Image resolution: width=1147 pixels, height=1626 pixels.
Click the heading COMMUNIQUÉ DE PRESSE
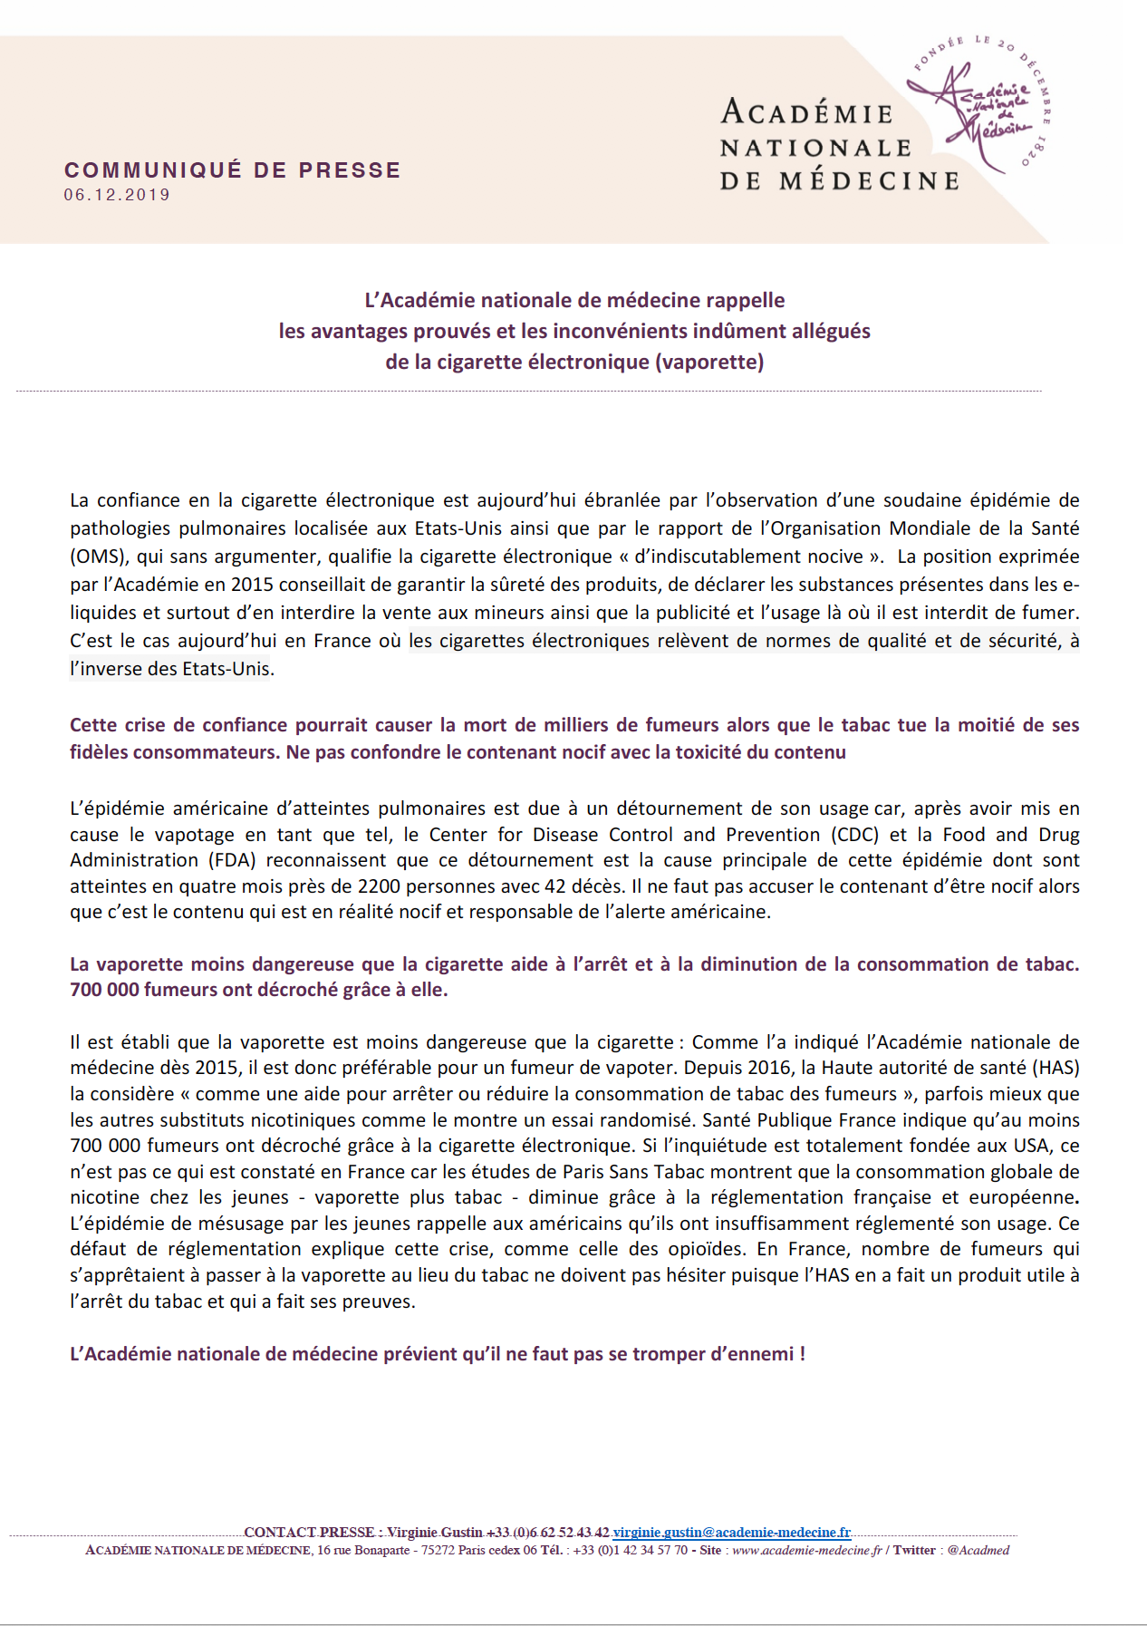coord(232,170)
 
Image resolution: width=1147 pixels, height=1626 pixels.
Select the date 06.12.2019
coord(117,195)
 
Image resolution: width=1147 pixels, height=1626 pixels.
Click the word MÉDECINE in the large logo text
coord(869,181)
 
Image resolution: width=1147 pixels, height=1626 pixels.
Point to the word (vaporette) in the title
coord(710,362)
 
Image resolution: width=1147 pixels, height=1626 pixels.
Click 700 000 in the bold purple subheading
coord(105,990)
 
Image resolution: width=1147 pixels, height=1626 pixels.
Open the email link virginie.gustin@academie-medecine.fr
coord(732,1532)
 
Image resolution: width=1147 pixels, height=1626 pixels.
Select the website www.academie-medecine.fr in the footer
coord(806,1550)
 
